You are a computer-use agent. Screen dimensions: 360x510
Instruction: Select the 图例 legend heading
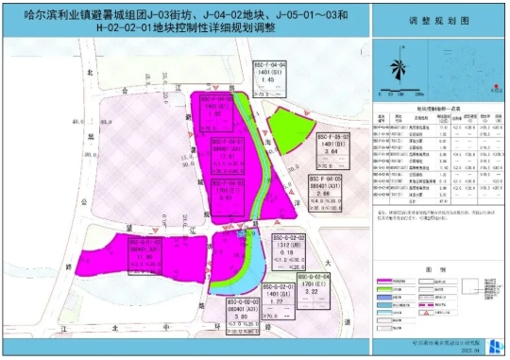[x=438, y=268]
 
